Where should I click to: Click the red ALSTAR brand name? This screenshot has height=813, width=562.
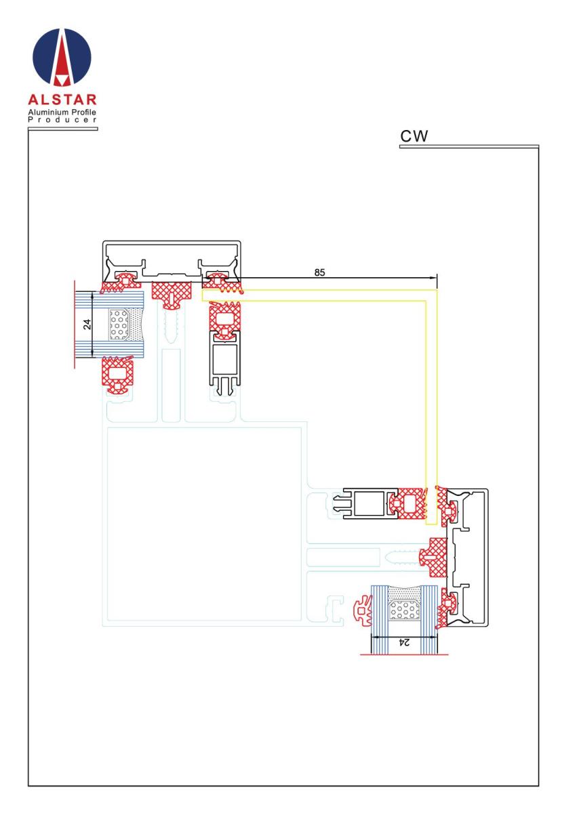(62, 100)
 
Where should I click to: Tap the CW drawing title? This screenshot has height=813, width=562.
(414, 136)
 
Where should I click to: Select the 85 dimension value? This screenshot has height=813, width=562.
(319, 272)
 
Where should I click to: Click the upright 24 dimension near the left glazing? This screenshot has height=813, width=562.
(87, 324)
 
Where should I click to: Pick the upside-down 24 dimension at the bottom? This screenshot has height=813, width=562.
(403, 642)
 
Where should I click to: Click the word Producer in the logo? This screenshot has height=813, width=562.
(62, 120)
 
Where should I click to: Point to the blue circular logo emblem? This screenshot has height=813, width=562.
(62, 58)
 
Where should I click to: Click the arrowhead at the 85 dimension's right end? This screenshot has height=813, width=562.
(434, 278)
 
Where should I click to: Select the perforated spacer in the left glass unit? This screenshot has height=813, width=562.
(119, 325)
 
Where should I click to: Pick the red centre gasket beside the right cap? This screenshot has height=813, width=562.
(433, 557)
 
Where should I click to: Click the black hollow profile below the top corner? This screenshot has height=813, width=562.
(224, 363)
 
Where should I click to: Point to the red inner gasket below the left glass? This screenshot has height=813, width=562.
(117, 375)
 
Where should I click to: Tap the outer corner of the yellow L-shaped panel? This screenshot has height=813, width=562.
(437, 290)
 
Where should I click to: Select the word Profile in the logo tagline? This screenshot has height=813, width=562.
(83, 112)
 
